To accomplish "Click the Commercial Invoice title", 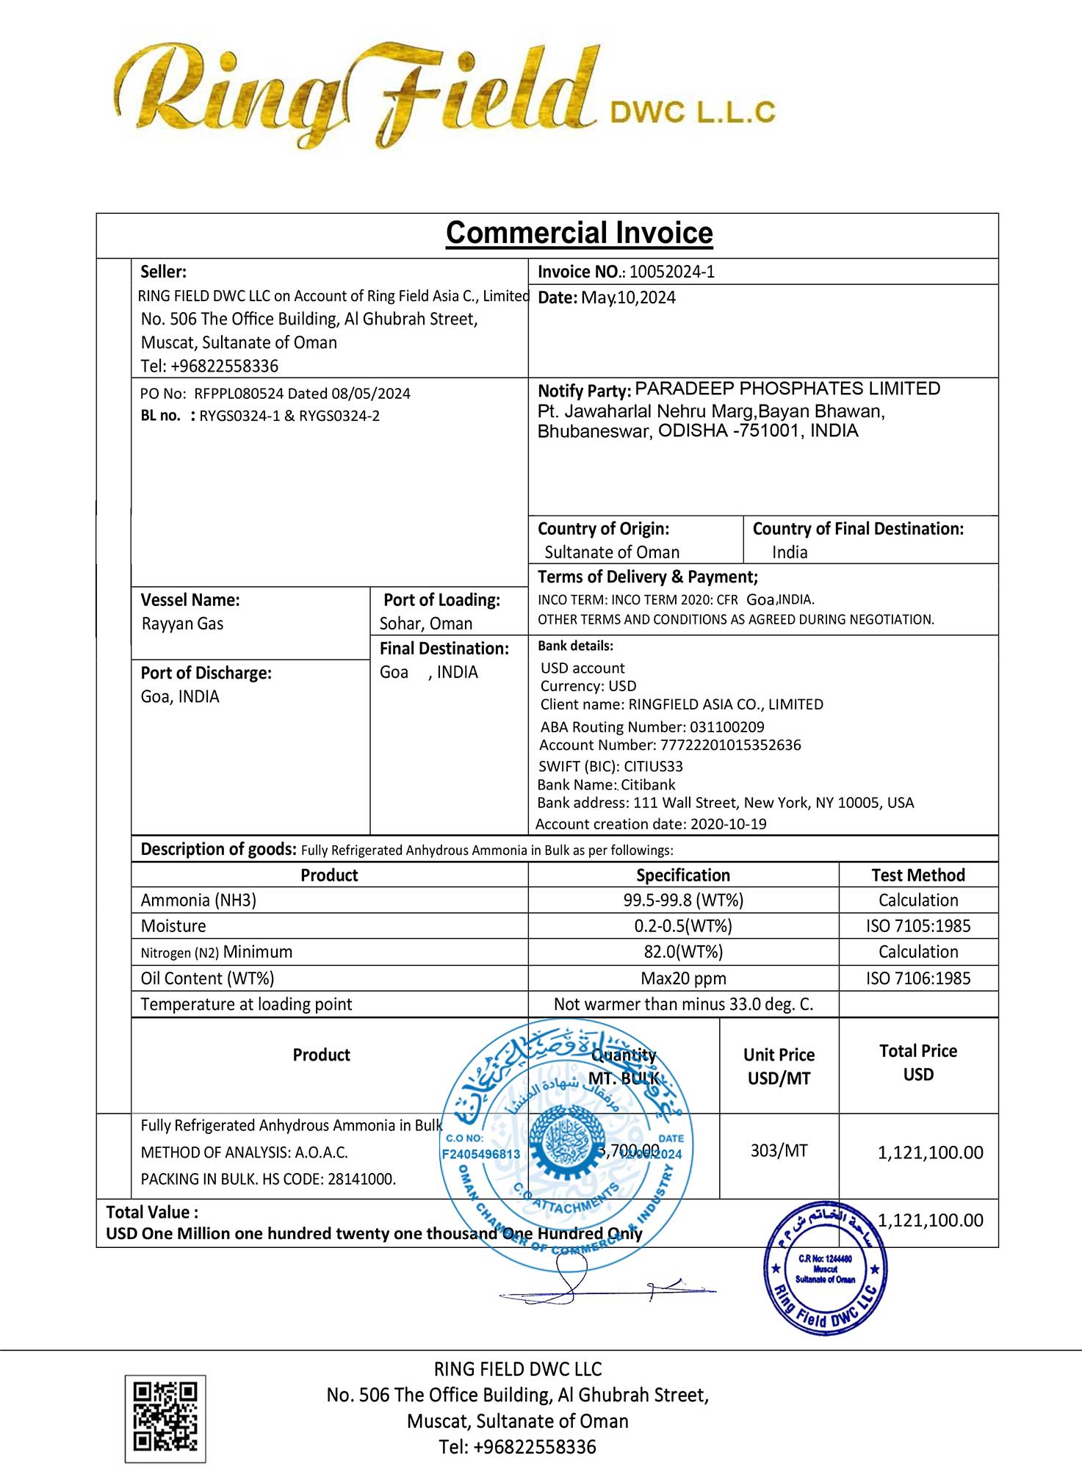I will pos(579,233).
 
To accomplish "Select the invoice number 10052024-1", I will pos(671,272).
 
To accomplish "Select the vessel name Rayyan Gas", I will pos(182,624).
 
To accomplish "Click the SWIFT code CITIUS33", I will pos(653,766).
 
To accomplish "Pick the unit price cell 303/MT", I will pos(779,1150).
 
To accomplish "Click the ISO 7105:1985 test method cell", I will pos(917,925).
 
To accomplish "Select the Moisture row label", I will pos(173,925).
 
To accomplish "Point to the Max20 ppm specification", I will pos(683,978).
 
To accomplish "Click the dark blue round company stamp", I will pos(825,1268).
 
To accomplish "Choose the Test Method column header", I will pos(917,875).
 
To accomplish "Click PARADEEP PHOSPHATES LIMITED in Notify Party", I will pos(787,389).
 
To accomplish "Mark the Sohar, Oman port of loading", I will pos(425,624).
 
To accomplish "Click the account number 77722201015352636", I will pos(730,745).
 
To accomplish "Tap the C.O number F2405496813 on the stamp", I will pos(480,1154).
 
